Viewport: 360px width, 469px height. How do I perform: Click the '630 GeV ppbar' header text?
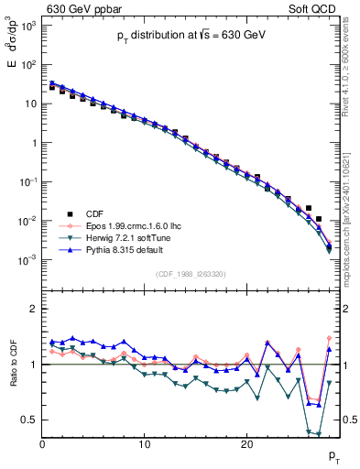[83, 9]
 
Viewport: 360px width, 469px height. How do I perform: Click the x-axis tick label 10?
[144, 444]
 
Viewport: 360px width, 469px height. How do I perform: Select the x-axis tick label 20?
[246, 444]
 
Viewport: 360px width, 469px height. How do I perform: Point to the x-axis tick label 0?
[42, 444]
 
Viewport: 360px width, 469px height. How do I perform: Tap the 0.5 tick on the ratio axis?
[29, 420]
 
